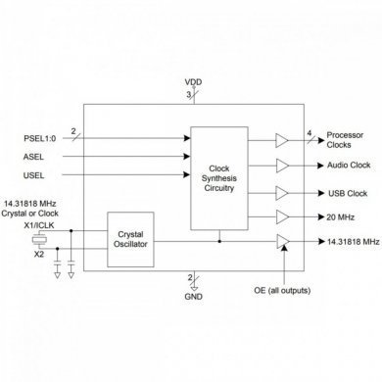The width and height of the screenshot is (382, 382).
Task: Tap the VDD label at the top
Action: [191, 82]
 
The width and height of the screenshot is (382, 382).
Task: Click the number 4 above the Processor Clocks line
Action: [309, 131]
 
